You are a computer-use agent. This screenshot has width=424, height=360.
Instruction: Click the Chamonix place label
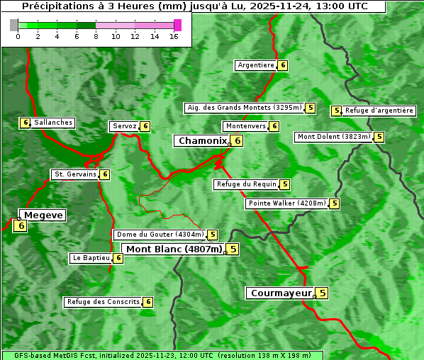click(202, 141)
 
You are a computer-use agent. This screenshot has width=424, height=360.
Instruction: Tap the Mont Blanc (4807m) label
click(174, 249)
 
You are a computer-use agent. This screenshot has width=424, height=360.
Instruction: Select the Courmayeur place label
click(281, 293)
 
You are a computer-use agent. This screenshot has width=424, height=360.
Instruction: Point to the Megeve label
click(43, 215)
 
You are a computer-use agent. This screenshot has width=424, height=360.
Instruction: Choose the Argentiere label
click(256, 65)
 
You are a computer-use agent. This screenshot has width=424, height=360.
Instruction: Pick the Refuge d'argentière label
click(379, 111)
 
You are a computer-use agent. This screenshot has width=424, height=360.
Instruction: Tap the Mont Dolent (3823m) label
click(334, 137)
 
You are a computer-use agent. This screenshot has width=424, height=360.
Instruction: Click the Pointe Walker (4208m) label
click(287, 203)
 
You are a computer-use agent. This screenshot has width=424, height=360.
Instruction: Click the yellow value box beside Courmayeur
click(322, 293)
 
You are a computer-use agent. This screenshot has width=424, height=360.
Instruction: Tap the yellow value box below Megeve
click(21, 226)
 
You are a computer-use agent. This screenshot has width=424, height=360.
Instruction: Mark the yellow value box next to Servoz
click(145, 126)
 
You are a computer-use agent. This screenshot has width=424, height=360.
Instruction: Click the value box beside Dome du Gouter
click(212, 235)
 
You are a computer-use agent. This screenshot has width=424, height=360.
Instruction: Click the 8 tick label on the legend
click(96, 36)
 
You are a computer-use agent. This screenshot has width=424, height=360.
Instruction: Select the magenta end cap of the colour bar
click(177, 25)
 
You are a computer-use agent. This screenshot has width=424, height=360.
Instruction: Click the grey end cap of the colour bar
click(14, 25)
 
